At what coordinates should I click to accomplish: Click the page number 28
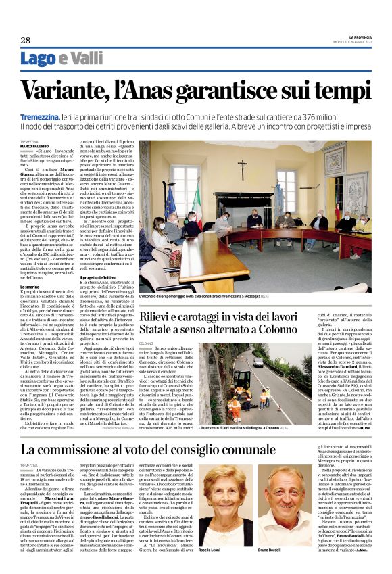tap(25, 40)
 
